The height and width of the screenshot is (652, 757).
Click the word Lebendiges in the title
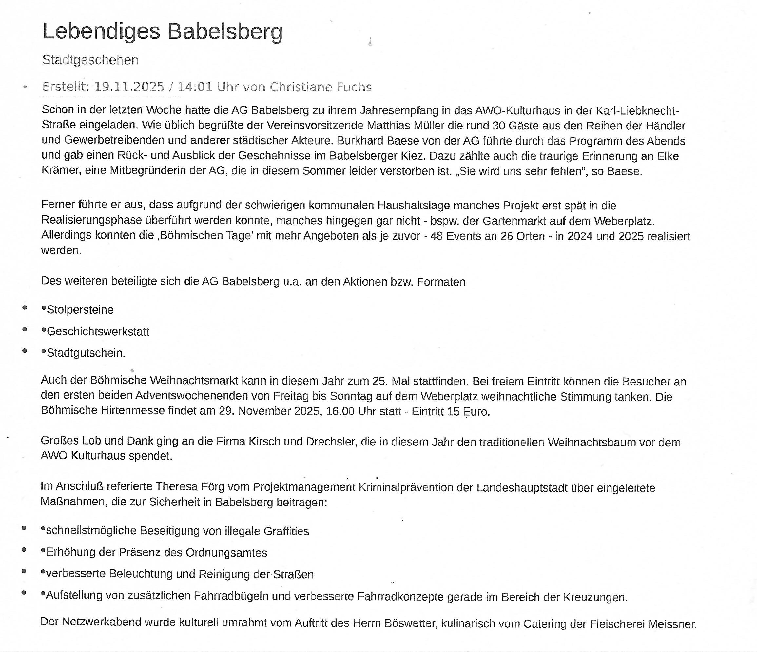(101, 31)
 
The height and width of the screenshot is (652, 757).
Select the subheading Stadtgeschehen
(90, 60)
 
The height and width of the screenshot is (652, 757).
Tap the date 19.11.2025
(129, 87)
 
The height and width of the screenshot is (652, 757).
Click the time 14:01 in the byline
(195, 87)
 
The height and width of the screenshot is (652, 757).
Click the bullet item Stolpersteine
(80, 310)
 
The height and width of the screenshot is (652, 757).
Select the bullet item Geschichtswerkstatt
(98, 332)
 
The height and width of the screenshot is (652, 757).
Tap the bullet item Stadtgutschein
(86, 353)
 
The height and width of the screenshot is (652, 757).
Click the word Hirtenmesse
(133, 411)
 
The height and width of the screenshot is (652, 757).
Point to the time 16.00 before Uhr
(340, 411)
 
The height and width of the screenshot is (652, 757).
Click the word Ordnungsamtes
(226, 553)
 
